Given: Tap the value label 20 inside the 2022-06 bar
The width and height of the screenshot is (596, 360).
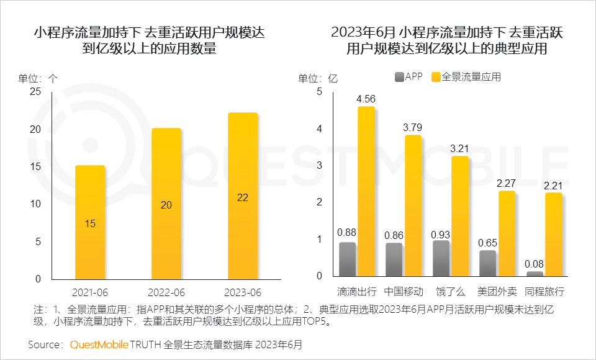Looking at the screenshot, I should tap(166, 204).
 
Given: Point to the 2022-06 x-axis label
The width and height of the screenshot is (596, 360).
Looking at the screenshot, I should tap(166, 291).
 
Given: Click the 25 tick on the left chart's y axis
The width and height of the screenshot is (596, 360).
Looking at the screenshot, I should tap(36, 92).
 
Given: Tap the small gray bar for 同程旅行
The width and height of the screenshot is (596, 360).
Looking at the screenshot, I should tap(535, 273).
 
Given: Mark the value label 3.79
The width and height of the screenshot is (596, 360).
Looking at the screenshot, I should tap(413, 127).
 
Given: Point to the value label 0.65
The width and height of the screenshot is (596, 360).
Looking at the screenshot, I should tap(488, 243).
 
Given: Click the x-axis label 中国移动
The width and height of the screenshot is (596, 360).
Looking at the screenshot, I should tap(404, 291).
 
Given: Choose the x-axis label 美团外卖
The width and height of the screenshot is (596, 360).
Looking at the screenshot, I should tap(497, 291).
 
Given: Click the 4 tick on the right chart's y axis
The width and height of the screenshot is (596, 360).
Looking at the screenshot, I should tap(320, 128).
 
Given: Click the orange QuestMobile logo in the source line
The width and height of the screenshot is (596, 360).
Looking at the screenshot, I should tap(99, 343).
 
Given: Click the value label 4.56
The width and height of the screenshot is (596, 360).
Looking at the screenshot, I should tap(366, 99).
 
